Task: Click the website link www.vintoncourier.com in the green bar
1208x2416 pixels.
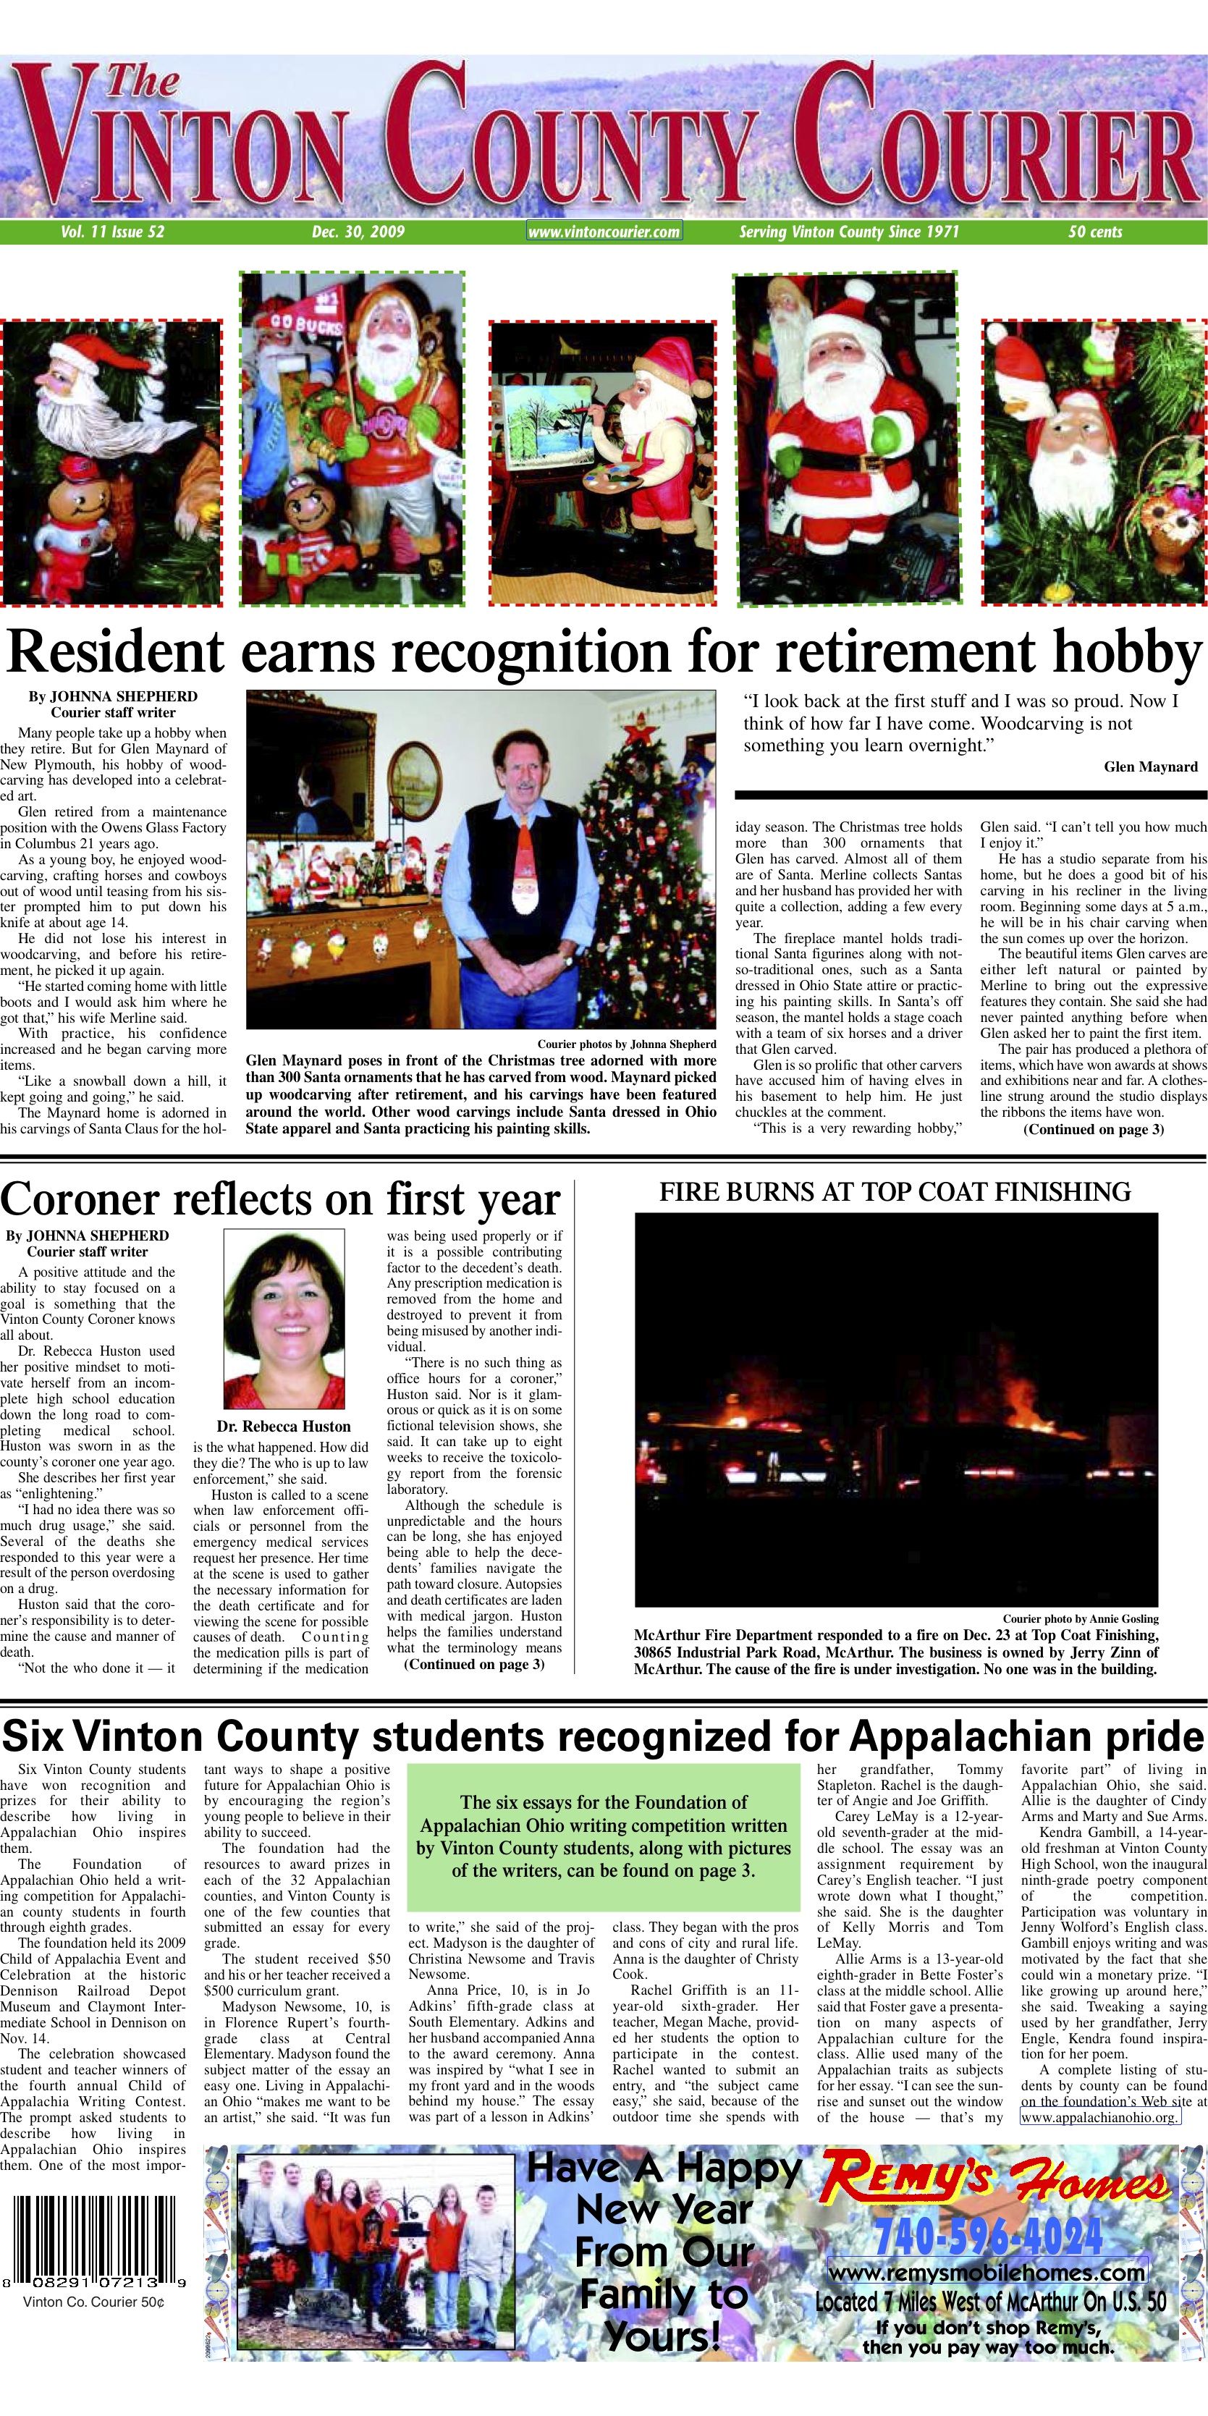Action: (604, 232)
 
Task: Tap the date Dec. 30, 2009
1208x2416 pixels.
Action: (358, 232)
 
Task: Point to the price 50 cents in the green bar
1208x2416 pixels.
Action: (1094, 232)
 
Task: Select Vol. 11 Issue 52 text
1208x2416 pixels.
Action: (112, 232)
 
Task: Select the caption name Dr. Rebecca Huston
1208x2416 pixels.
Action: (283, 1427)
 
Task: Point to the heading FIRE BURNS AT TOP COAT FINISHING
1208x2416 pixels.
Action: (895, 1192)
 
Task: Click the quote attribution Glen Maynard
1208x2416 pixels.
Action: (1150, 767)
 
